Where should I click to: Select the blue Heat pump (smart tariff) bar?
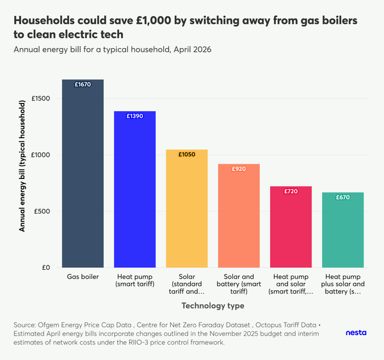tap(135, 192)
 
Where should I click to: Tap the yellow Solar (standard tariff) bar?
tap(187, 211)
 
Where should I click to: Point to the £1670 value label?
tap(83, 84)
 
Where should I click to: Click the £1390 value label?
tap(135, 116)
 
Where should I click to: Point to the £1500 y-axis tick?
tap(47, 98)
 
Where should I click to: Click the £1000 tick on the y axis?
tap(47, 155)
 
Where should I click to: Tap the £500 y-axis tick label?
tap(49, 211)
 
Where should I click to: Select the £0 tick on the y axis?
tap(52, 267)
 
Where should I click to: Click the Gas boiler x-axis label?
tap(83, 277)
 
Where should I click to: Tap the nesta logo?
tap(356, 333)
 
